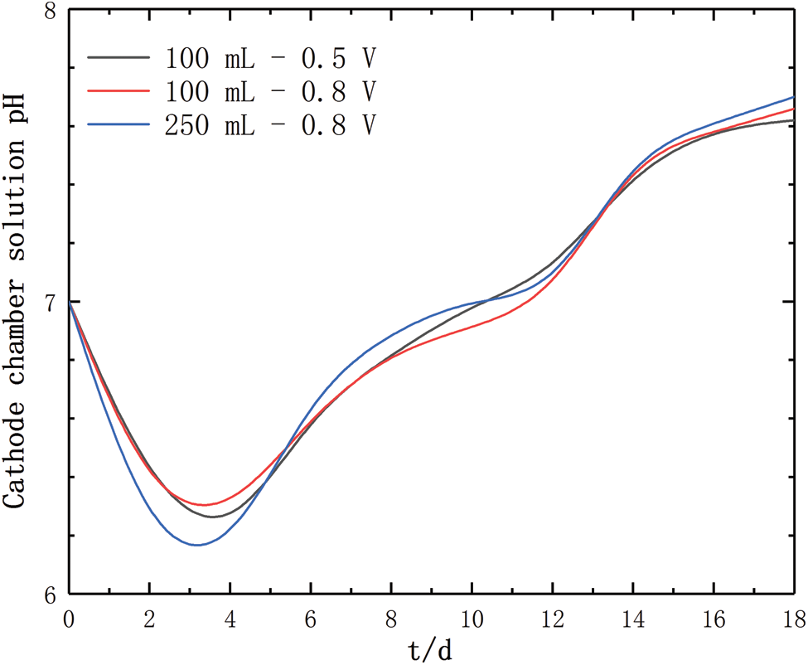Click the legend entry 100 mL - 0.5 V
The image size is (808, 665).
272,59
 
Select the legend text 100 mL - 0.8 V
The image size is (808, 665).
272,91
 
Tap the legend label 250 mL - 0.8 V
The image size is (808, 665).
272,124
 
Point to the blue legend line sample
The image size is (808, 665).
119,124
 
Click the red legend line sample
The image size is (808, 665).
119,91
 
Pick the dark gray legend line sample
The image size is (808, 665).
119,59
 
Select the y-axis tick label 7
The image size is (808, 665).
51,303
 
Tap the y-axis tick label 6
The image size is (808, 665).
51,595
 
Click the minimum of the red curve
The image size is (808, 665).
203,505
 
